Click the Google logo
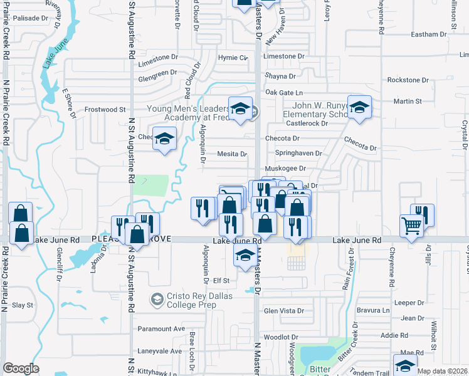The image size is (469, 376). point(21,369)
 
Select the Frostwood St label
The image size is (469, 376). point(105,109)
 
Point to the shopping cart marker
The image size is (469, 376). point(411,226)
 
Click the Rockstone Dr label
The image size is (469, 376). point(408,80)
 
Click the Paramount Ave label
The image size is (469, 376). point(161,328)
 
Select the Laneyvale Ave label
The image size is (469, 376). point(160,351)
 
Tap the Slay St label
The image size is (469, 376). point(23,305)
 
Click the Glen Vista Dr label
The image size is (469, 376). point(284,311)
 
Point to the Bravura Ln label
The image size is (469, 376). point(373,310)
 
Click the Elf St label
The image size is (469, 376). point(222,281)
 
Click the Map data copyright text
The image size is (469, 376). point(443,371)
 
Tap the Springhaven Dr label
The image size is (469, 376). point(298,153)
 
